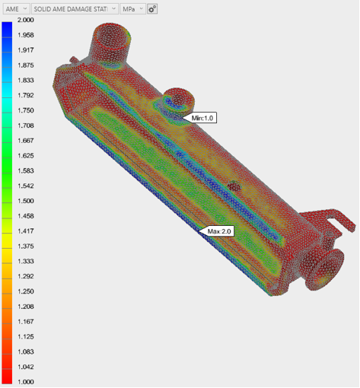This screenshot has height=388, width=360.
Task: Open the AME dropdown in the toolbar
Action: [17, 9]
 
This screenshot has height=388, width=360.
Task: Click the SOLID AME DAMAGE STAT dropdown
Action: [75, 9]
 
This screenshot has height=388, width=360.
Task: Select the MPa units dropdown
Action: [132, 9]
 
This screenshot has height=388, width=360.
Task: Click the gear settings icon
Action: [152, 9]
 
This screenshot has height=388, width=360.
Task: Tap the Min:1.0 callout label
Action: [202, 118]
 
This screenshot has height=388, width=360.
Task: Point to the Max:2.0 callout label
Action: [219, 231]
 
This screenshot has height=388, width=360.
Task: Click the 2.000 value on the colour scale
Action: [26, 20]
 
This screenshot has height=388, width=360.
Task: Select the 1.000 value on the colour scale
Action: [26, 382]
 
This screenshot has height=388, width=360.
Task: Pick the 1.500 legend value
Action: [26, 201]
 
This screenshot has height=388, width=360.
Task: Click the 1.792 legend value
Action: [26, 95]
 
